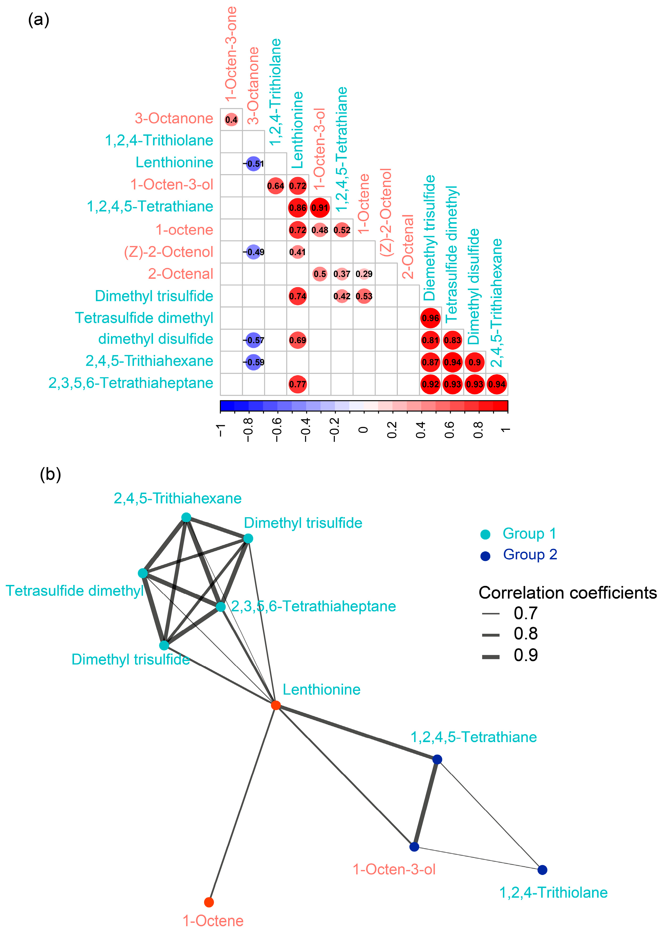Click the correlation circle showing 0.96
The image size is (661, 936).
pyautogui.click(x=430, y=318)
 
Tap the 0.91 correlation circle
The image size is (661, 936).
pyautogui.click(x=320, y=207)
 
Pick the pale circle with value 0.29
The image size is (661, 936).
pyautogui.click(x=364, y=274)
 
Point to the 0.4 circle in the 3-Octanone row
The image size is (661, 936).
pyautogui.click(x=231, y=119)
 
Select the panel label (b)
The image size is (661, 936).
pyautogui.click(x=50, y=474)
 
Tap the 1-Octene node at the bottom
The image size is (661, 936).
pyautogui.click(x=209, y=902)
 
